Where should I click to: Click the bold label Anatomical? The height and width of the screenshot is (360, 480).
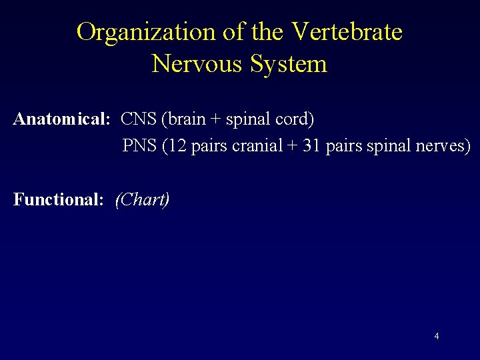[61, 119]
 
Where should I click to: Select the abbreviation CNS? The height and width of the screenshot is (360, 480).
[139, 119]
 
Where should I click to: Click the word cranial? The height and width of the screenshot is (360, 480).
[257, 145]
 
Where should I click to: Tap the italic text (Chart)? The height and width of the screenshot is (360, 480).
[142, 199]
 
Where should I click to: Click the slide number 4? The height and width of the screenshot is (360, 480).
[437, 336]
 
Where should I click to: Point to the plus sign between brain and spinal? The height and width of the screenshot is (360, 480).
[217, 120]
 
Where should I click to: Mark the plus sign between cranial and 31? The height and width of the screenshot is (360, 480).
[292, 146]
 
